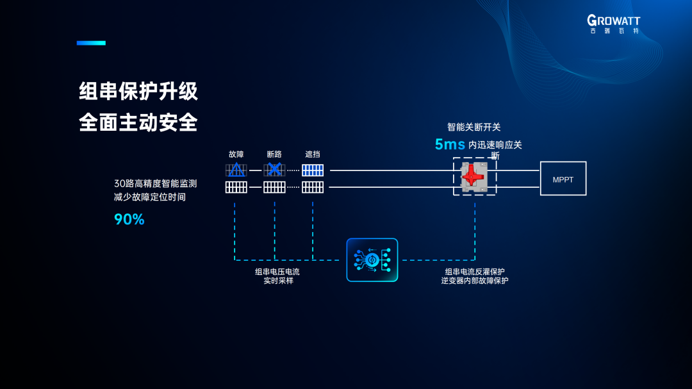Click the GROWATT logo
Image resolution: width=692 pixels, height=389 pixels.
coord(614,24)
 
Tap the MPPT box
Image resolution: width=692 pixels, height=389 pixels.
coord(563,179)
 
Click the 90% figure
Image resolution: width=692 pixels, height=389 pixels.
coord(129,219)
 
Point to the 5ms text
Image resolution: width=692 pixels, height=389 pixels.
coord(449,144)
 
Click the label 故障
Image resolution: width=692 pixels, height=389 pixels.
coord(236,154)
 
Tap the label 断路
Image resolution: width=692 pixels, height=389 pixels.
coord(274,154)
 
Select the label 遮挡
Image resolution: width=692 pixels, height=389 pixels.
coord(313,154)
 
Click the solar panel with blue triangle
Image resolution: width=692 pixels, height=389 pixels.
coord(236,170)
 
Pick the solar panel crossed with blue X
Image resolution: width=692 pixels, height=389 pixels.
coord(274,170)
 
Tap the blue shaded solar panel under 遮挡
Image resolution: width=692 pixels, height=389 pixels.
coord(313,170)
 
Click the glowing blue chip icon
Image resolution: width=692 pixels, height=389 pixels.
coord(372,260)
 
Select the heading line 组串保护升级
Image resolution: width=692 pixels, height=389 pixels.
coord(138,91)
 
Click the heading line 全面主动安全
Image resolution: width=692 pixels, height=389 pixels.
coord(138,122)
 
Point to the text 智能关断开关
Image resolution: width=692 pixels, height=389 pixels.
coord(474,128)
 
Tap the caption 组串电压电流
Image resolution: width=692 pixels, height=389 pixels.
coord(277,272)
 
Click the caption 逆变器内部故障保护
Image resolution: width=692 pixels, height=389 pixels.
coord(475,281)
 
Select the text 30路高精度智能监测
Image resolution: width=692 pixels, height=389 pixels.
coord(156,183)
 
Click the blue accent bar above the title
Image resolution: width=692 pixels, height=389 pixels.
coord(91,43)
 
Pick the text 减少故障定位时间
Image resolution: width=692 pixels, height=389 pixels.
coord(150,197)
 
